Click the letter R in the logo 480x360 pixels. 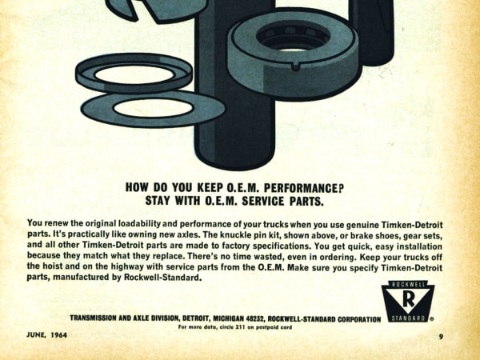(409, 300)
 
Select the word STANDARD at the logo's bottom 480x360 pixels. (409, 318)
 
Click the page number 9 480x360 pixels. (441, 337)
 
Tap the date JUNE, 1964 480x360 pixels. (47, 334)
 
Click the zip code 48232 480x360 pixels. (255, 318)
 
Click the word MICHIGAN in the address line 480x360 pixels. (228, 318)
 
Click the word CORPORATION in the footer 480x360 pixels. (359, 319)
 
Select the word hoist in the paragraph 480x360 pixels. (52, 266)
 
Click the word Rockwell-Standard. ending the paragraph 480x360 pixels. (162, 278)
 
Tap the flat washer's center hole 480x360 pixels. (153, 108)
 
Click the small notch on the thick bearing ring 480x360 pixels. (295, 67)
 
